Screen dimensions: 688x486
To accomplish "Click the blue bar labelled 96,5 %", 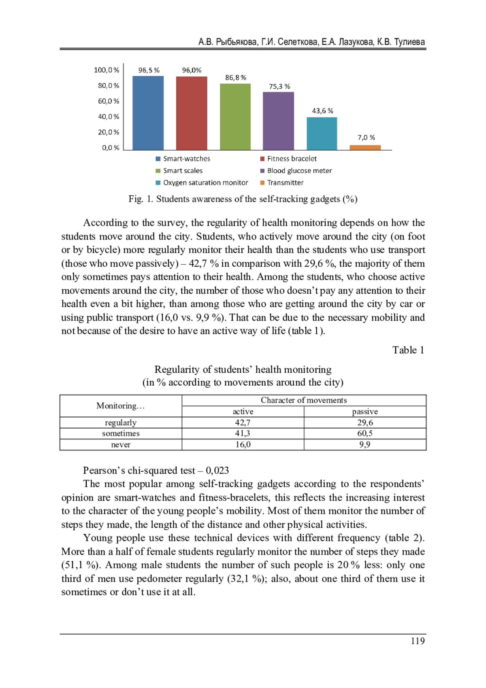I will [x=148, y=113].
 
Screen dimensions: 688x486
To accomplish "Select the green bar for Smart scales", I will [x=235, y=117].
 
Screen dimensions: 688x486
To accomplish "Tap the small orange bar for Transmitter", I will [x=365, y=147].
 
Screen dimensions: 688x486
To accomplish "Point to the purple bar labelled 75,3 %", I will [x=279, y=121].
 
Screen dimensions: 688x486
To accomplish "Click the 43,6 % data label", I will [x=322, y=111].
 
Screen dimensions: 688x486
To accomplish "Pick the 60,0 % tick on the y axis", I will [x=109, y=101].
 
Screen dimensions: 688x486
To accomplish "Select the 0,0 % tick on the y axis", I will [x=111, y=148].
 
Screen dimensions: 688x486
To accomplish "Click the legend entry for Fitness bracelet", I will [x=292, y=159].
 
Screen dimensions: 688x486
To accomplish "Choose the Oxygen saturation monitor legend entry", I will [x=205, y=183].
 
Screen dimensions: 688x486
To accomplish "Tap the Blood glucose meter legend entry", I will [x=299, y=171].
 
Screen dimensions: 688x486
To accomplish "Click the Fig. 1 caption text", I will [x=243, y=199].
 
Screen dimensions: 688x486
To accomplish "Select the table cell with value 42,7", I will [x=243, y=423].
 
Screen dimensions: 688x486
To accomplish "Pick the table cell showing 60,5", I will [x=365, y=433].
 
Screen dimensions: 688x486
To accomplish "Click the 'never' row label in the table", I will [x=121, y=445].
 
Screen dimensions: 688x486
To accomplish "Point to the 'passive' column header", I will [x=365, y=412].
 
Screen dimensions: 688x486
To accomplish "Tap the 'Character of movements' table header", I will [x=304, y=400].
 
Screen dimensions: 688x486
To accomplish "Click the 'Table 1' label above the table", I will [x=408, y=350].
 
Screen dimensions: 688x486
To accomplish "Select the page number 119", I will [x=418, y=641].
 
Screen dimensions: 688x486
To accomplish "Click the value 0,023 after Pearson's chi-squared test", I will [x=217, y=470].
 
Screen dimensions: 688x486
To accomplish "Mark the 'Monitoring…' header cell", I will [x=121, y=406].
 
